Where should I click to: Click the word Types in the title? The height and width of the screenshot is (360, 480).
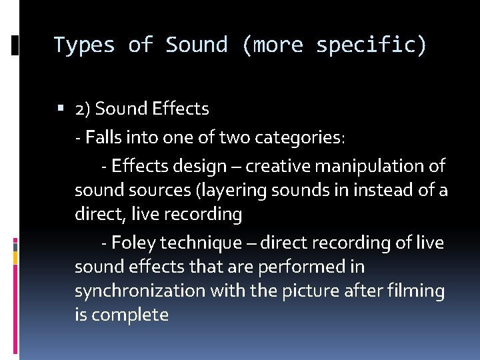pyautogui.click(x=85, y=45)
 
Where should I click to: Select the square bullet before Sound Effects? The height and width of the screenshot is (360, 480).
pyautogui.click(x=62, y=109)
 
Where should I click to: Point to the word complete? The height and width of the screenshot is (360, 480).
pyautogui.click(x=130, y=315)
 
